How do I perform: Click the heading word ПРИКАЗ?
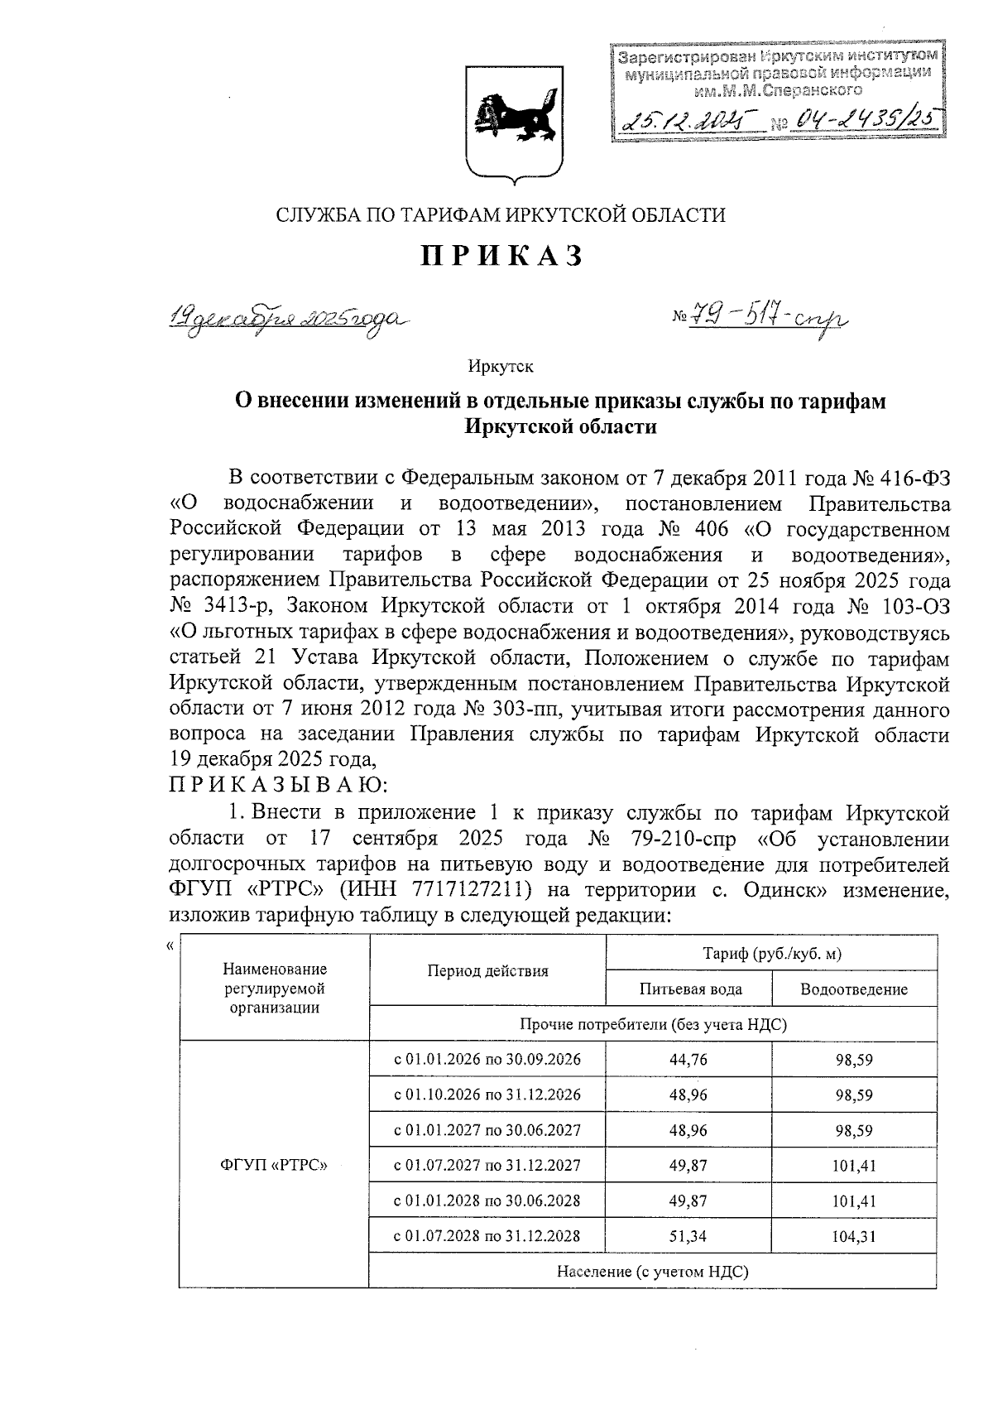click(x=502, y=257)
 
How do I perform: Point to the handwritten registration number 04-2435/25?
click(x=864, y=122)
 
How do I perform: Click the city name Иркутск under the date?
click(x=501, y=365)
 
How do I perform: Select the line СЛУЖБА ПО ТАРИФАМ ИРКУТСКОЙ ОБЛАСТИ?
click(x=501, y=216)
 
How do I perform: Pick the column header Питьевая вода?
click(x=690, y=989)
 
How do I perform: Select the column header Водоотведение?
click(x=853, y=989)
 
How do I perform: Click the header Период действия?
click(x=487, y=971)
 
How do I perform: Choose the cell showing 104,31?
click(x=855, y=1237)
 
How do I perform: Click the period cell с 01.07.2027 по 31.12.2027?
click(x=487, y=1166)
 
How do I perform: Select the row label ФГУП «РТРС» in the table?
click(x=274, y=1166)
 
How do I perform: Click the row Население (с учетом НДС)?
click(x=652, y=1271)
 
